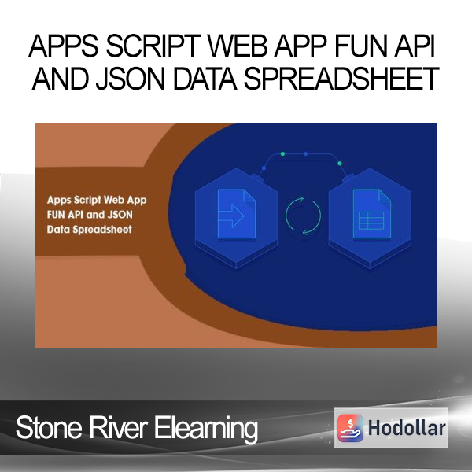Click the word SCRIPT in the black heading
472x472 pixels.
pos(153,46)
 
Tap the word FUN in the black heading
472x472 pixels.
pos(363,46)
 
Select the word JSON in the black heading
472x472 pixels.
pos(131,78)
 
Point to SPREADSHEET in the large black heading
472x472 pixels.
pos(341,78)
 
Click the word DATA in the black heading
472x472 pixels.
pos(205,78)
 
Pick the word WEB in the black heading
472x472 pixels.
pos(238,46)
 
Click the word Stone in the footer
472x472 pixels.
pos(49,428)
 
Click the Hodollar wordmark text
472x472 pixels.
pos(407,428)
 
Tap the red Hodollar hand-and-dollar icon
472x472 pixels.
pos(350,428)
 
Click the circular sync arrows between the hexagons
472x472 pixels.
pos(303,216)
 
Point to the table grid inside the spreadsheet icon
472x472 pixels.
pos(371,220)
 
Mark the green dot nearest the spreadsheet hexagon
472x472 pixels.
pos(340,164)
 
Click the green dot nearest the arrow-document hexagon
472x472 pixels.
pos(282,154)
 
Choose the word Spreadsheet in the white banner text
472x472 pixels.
pos(102,230)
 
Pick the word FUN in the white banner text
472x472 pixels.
pos(56,215)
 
